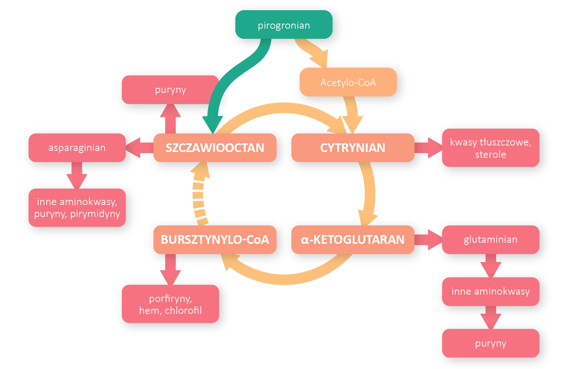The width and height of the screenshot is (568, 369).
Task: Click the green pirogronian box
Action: (283, 25)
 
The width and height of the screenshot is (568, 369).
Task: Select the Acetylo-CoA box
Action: (348, 82)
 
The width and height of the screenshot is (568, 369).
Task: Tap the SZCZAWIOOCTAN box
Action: (215, 148)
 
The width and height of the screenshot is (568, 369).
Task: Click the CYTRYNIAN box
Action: (353, 148)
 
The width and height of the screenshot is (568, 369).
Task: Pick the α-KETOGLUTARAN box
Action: (353, 239)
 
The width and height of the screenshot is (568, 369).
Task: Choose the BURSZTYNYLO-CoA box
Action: (215, 239)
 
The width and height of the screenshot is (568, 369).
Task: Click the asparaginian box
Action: (77, 148)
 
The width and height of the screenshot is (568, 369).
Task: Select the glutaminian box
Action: (490, 239)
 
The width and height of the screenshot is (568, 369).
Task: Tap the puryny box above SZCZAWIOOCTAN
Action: (170, 90)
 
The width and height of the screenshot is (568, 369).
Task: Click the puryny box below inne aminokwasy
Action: (490, 343)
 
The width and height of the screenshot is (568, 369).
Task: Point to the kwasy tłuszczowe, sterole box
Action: (490, 148)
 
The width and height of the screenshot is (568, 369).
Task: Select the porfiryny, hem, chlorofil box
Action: (170, 304)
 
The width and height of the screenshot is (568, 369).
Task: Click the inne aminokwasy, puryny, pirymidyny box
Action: (77, 208)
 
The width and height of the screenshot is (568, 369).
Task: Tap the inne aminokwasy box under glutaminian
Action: (490, 291)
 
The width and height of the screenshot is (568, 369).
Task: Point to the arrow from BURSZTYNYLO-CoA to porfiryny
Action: (170, 268)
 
